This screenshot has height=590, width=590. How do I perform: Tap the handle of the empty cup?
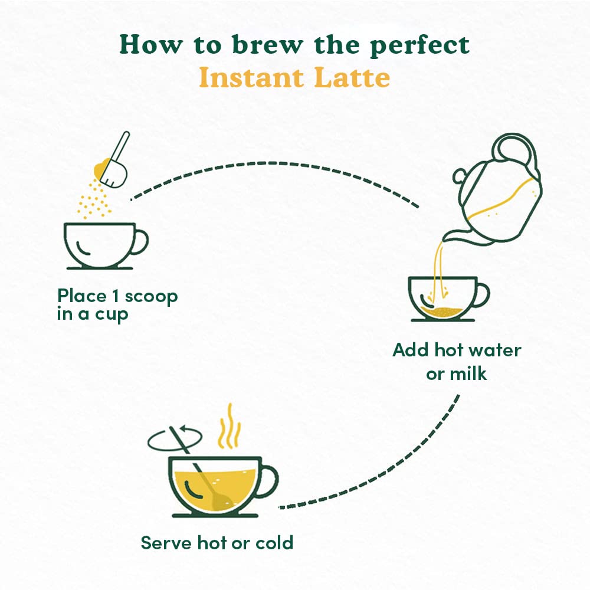140,242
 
